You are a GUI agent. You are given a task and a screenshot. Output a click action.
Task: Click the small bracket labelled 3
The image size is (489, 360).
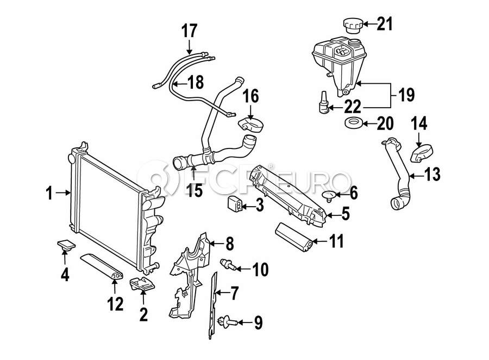(234, 206)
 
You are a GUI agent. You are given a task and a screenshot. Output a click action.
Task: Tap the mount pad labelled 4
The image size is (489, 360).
(64, 246)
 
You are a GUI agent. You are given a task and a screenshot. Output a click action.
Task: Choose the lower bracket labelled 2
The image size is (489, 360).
(141, 284)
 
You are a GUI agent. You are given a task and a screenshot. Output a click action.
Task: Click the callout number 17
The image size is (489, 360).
(190, 30)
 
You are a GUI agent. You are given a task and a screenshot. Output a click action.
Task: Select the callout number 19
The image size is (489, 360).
(406, 95)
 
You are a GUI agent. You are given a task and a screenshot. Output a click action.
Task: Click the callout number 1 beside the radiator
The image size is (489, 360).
(49, 192)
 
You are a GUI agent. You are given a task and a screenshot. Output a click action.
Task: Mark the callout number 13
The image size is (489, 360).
(432, 175)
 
